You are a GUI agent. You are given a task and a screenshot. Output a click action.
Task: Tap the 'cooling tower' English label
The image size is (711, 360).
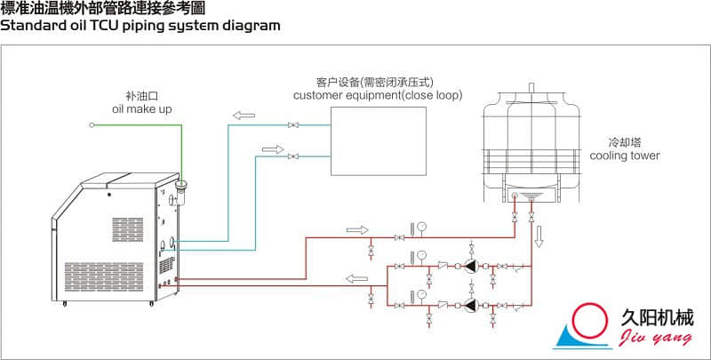625,156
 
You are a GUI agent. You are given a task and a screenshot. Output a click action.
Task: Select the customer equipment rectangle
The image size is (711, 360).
377,141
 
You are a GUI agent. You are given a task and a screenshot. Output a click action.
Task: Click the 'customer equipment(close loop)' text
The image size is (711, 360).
377,95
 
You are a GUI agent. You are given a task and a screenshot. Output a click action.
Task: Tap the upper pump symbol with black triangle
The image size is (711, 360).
468,266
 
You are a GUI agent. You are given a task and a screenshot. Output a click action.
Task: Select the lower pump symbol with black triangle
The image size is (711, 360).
468,305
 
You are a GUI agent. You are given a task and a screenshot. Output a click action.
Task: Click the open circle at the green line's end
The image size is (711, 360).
92,125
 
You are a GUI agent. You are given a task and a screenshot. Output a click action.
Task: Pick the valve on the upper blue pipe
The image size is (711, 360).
293,125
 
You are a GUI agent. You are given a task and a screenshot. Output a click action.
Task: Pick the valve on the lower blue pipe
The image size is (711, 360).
293,156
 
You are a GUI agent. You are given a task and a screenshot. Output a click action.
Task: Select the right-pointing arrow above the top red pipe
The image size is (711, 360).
356,229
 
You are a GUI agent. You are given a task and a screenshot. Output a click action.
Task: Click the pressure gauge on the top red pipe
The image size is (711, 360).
420,226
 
